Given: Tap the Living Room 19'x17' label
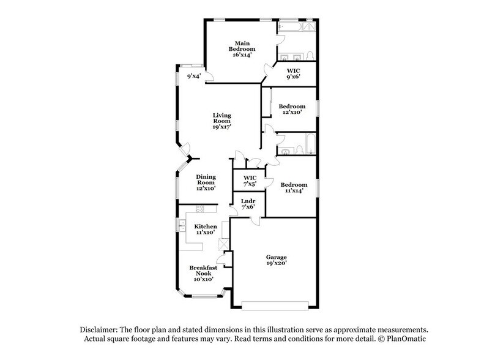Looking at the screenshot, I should [x=221, y=121].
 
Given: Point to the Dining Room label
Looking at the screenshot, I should [x=206, y=182].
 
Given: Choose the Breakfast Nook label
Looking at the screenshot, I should [x=203, y=273].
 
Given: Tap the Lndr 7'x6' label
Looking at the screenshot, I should [x=248, y=204].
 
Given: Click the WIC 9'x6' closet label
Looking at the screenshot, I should [x=294, y=73].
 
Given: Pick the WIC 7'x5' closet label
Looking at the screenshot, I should [x=248, y=181].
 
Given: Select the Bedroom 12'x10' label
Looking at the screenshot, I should [x=292, y=110].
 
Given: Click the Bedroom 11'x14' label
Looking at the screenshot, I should [x=294, y=188].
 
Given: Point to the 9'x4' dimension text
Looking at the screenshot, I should [x=194, y=77].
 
